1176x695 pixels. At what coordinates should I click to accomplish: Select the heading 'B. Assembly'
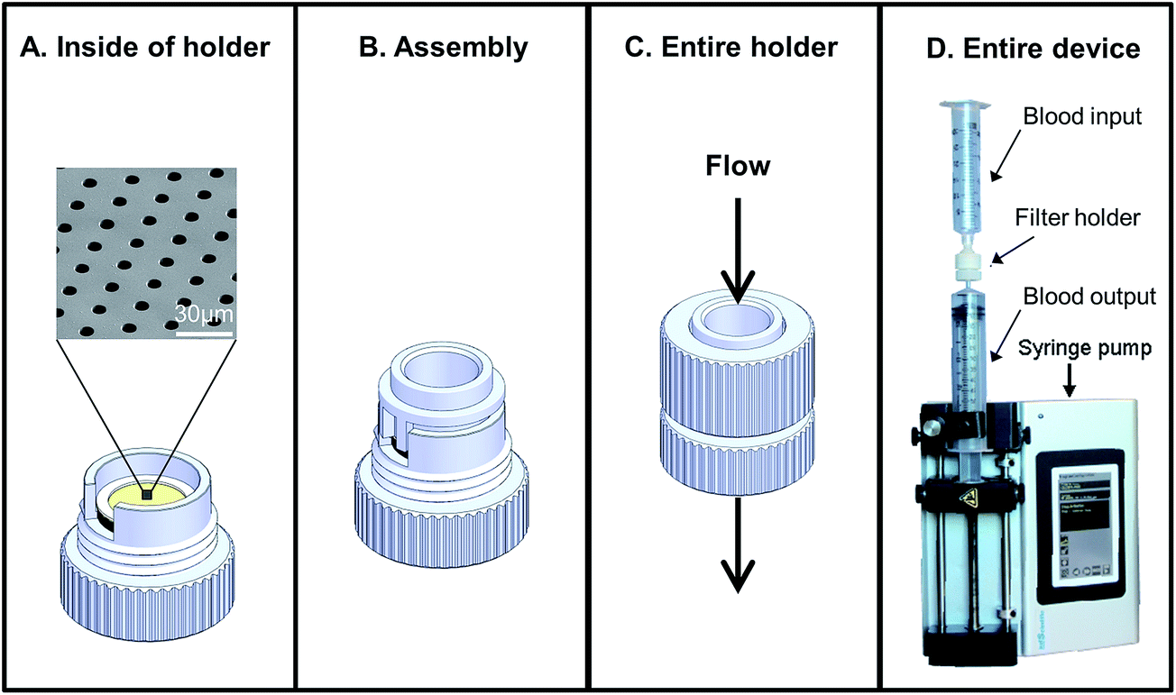tap(443, 48)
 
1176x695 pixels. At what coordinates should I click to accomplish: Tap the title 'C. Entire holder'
tap(732, 48)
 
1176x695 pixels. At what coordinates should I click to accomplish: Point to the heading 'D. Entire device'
tap(1028, 48)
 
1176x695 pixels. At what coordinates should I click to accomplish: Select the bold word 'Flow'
tap(739, 166)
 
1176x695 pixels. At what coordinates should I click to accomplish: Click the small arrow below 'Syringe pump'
tap(1070, 383)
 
